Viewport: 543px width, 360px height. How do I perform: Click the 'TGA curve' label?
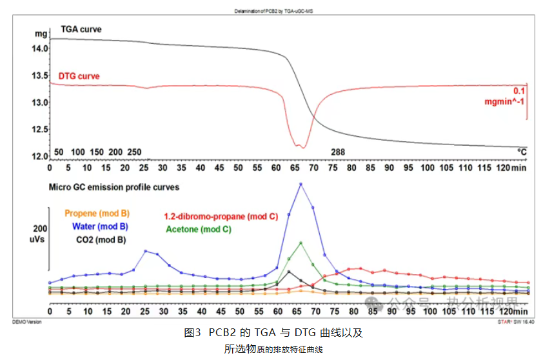coord(81,30)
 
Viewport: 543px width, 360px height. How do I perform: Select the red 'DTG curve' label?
coord(79,76)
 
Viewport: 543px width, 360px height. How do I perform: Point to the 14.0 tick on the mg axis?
coord(40,48)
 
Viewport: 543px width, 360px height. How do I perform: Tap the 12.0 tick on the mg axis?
coord(40,156)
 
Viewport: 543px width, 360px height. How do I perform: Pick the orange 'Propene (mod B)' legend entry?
coord(98,214)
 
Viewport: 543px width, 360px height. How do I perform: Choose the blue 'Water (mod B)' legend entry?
coord(95,226)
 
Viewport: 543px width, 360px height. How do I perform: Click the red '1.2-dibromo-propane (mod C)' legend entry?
coord(221,217)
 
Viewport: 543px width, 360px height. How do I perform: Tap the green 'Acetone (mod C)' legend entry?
coord(199,230)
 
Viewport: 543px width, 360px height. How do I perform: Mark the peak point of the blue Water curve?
coord(301,184)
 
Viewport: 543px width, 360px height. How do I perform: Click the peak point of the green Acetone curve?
coord(301,243)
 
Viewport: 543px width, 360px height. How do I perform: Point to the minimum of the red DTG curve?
coord(301,148)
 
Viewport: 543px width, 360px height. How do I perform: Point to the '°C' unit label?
coord(522,152)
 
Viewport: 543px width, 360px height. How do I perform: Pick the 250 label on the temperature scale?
coord(134,152)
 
